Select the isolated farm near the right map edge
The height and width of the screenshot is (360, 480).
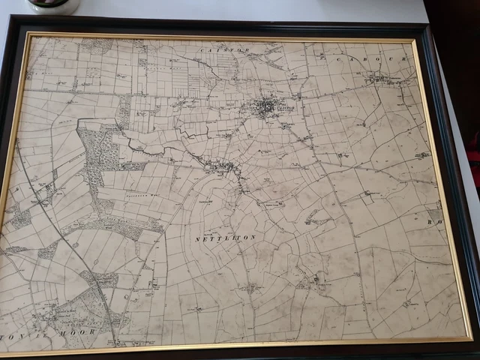point(421,155)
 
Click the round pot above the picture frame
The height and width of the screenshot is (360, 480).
point(53,5)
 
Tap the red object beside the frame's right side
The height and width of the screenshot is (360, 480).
point(473,169)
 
